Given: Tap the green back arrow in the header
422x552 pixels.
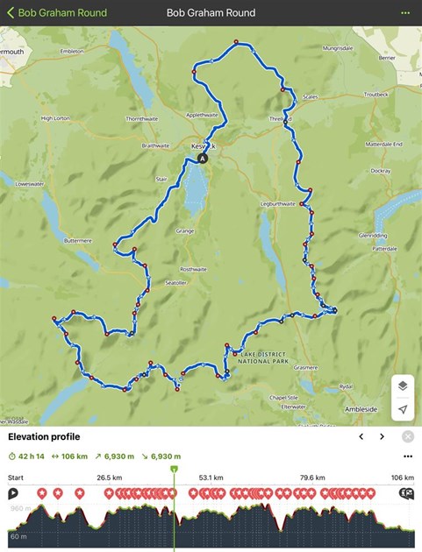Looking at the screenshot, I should click(x=11, y=13).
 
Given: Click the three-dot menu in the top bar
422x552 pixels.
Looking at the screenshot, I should click(x=404, y=13).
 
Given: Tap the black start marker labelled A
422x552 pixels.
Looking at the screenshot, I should click(x=204, y=159).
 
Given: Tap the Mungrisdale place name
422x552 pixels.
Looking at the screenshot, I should click(x=338, y=48).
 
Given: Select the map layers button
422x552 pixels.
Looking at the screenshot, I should click(x=402, y=386).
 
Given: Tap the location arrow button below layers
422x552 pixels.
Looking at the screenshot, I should click(x=402, y=409).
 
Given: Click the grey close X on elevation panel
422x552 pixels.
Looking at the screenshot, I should click(x=408, y=436).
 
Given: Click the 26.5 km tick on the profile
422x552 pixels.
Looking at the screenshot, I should click(x=110, y=478).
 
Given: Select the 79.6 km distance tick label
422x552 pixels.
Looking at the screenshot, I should click(x=312, y=478).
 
